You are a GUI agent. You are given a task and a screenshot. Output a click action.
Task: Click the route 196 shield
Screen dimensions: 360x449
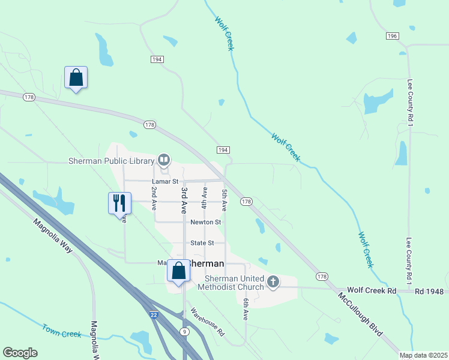393,36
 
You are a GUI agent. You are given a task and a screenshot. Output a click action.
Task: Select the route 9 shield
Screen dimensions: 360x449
185,331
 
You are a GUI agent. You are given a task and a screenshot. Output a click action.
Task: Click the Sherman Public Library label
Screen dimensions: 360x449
112,161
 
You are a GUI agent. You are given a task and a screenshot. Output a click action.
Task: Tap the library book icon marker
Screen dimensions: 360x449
163,160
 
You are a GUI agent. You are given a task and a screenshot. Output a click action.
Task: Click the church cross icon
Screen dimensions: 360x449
273,282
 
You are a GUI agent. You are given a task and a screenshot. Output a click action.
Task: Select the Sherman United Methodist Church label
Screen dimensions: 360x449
234,283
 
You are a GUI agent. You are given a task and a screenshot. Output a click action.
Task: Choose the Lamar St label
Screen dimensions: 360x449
166,181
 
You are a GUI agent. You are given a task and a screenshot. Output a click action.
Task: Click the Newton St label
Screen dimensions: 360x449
205,222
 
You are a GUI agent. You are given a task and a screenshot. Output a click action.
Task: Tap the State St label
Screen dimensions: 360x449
202,243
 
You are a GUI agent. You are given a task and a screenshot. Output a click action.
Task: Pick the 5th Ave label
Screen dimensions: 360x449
224,200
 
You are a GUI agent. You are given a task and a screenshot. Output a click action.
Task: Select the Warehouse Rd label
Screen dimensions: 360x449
207,322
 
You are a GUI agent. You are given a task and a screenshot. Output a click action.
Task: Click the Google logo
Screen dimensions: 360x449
20,353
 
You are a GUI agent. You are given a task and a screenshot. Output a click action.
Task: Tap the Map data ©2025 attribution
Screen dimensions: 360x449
423,355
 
